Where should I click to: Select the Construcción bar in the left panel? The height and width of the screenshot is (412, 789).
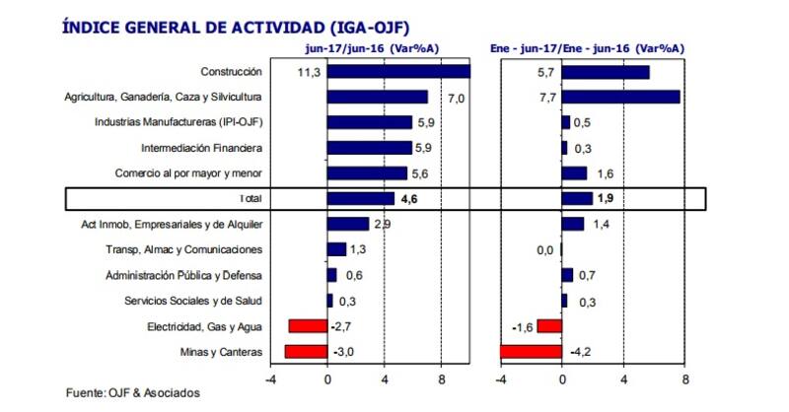point(398,72)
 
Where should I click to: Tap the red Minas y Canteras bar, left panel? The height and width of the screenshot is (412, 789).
point(306,352)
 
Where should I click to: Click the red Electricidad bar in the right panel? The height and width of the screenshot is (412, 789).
point(549,326)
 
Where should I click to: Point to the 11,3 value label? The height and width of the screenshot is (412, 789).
point(308,72)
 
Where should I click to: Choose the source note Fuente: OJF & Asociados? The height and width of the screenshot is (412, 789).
point(132,393)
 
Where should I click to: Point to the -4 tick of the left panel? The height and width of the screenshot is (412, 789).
point(270,377)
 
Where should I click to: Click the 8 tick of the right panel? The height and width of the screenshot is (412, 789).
point(683,377)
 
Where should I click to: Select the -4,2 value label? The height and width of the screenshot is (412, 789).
point(582,352)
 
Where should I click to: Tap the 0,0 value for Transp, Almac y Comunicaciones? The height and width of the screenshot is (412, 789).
point(544,250)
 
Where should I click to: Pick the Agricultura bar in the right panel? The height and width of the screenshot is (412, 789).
point(620,97)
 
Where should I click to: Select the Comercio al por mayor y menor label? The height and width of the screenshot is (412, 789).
point(194,173)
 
